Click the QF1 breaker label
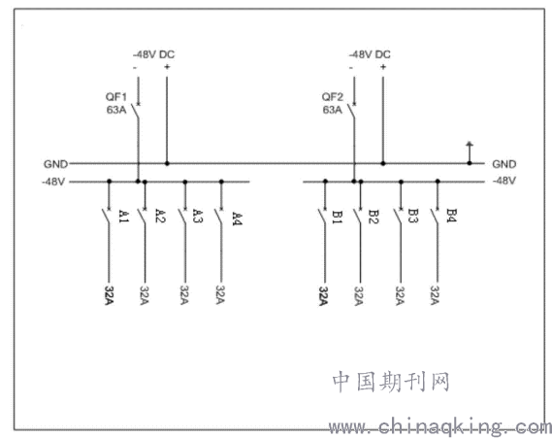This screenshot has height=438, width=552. [x=115, y=96]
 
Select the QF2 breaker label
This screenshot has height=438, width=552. [x=332, y=96]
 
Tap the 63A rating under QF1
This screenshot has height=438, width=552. [x=116, y=110]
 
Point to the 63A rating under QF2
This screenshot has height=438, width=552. [x=333, y=110]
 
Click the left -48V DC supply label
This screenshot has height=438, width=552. [x=153, y=54]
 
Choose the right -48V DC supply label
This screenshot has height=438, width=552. [x=370, y=54]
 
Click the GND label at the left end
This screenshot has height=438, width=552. [x=55, y=164]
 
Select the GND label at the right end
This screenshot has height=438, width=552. [x=504, y=164]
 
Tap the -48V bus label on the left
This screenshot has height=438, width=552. [x=53, y=182]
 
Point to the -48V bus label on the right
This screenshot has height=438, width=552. [x=504, y=181]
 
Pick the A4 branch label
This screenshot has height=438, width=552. [x=238, y=219]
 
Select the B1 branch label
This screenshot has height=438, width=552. [x=338, y=218]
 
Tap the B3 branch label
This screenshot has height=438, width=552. [x=413, y=216]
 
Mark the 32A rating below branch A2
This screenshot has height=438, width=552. [x=145, y=295]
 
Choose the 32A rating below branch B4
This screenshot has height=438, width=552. [x=435, y=295]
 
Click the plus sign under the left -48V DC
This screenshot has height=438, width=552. [x=167, y=67]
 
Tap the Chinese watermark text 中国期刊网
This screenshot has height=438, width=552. [x=391, y=382]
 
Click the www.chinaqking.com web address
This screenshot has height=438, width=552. [x=440, y=427]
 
